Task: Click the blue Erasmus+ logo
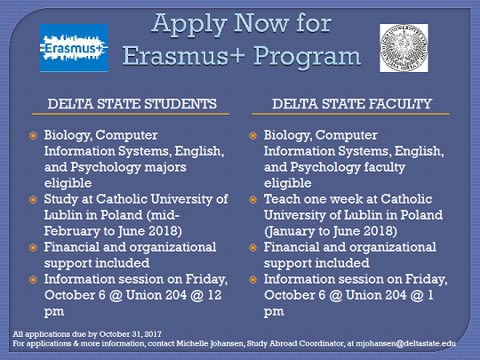(74, 48)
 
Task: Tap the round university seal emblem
(404, 48)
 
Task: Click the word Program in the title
(307, 57)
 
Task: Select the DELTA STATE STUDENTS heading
(132, 104)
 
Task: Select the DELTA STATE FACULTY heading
(352, 104)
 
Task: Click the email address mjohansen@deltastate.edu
(405, 343)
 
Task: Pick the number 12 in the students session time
(214, 295)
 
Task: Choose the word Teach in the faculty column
(282, 199)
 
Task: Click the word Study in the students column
(61, 200)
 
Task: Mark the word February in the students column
(72, 231)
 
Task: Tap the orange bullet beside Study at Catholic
(33, 200)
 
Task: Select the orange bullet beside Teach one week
(252, 200)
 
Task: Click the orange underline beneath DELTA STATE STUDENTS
(131, 114)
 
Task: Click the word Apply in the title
(188, 25)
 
